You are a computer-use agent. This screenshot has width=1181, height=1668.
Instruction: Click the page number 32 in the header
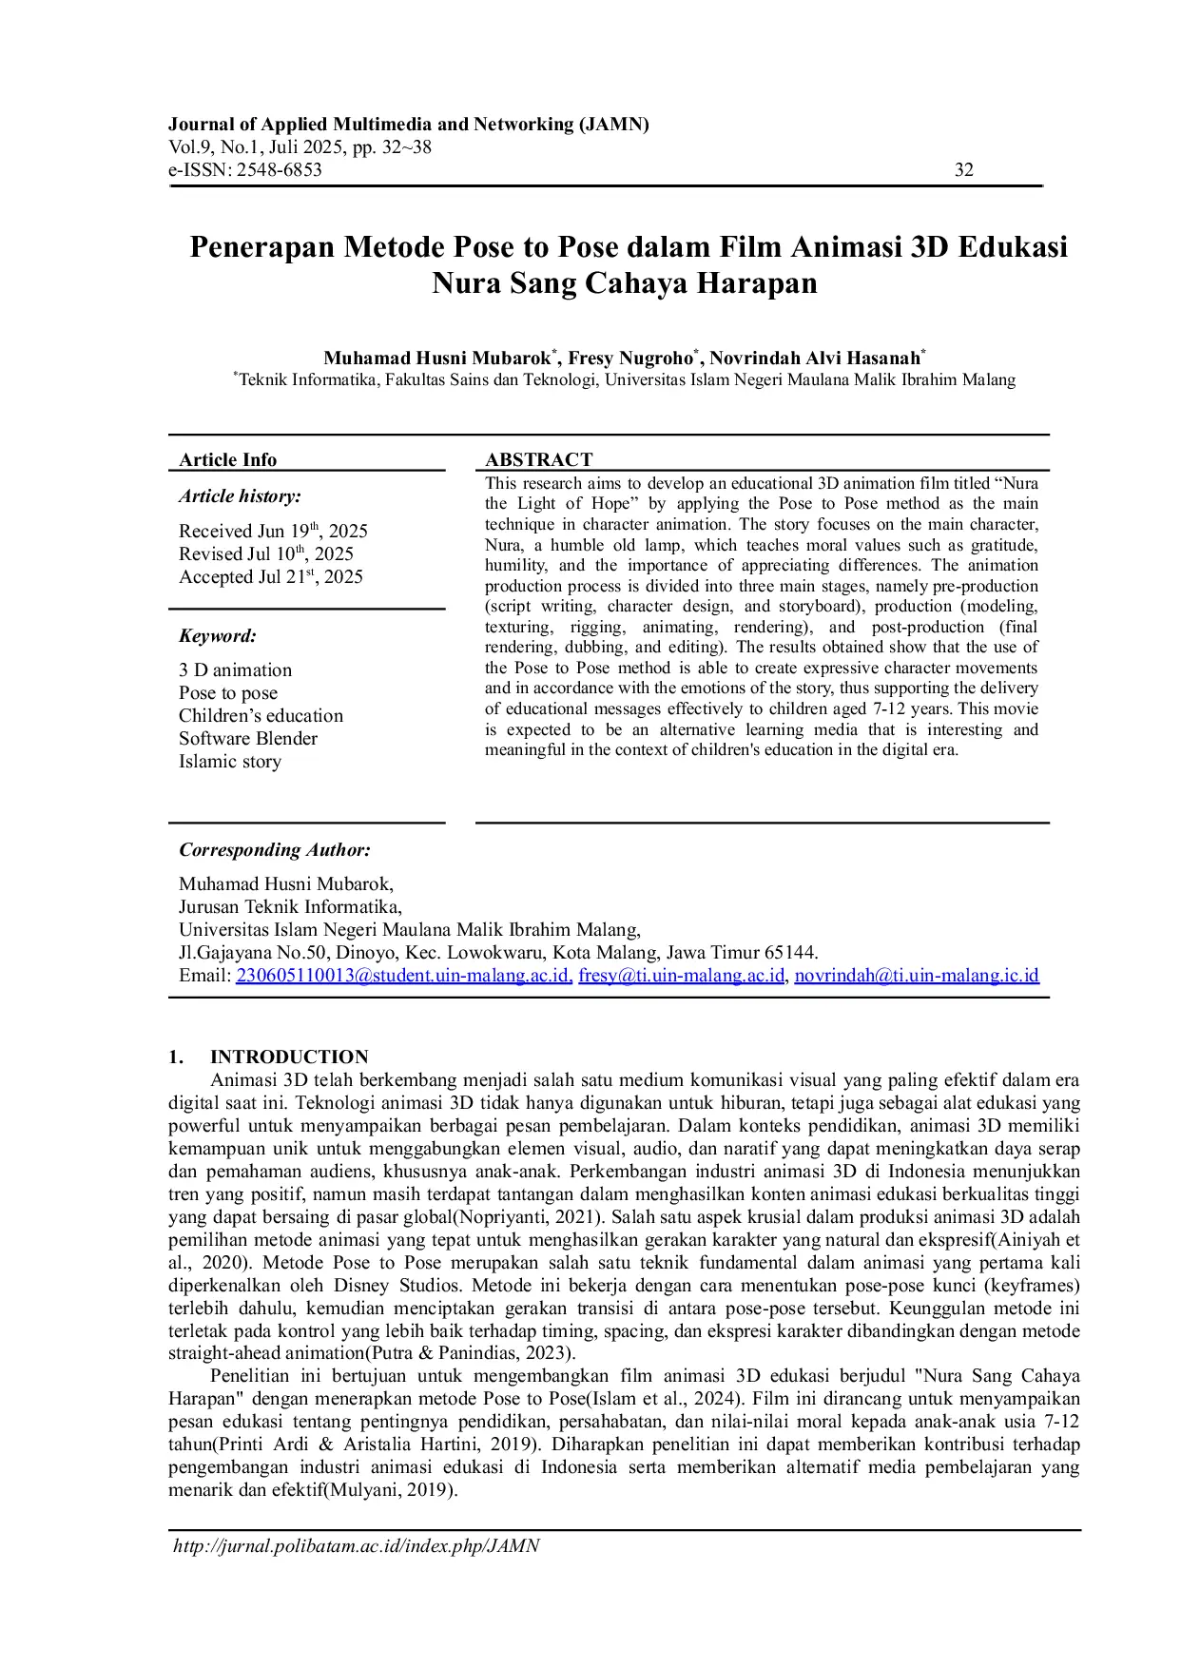pos(963,170)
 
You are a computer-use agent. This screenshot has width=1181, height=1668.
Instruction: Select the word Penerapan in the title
pos(261,247)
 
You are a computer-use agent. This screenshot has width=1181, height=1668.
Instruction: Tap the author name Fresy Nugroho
pos(630,359)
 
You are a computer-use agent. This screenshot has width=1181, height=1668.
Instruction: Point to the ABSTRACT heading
pos(538,459)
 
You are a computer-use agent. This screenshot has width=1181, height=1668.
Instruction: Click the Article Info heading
pos(227,460)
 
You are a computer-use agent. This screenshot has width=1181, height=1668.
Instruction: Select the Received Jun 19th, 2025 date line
pos(273,532)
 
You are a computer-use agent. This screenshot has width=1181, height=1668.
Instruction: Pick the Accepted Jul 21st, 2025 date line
pos(270,577)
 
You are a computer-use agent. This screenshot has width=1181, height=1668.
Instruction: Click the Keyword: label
pos(218,636)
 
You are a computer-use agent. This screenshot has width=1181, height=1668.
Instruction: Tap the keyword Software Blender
pos(248,739)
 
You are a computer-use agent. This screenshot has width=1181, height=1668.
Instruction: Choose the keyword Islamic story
pos(230,762)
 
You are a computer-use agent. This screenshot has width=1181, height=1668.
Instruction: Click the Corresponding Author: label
pos(275,850)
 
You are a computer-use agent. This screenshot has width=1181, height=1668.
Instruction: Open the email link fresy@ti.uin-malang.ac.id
pos(682,976)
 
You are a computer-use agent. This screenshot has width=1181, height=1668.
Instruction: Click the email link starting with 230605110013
pos(404,976)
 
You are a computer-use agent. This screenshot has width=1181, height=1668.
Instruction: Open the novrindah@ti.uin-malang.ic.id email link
pos(917,976)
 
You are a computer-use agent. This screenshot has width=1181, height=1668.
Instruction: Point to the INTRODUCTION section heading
pos(289,1057)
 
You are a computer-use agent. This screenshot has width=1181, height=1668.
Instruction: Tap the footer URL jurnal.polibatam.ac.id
pos(357,1546)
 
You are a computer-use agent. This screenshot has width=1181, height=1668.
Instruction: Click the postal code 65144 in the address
pos(791,953)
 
